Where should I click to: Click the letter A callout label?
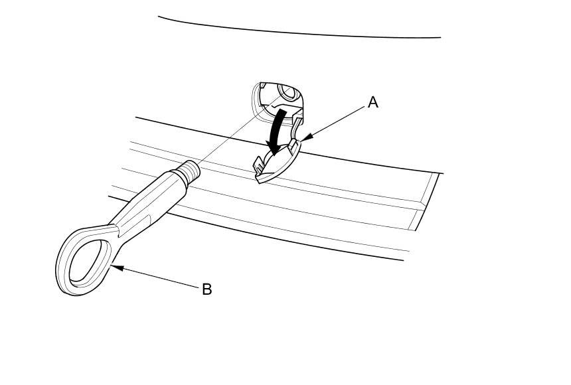coord(373,102)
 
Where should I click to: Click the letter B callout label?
coord(206,289)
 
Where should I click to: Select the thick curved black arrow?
coord(278,129)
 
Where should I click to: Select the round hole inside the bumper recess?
coord(289,90)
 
